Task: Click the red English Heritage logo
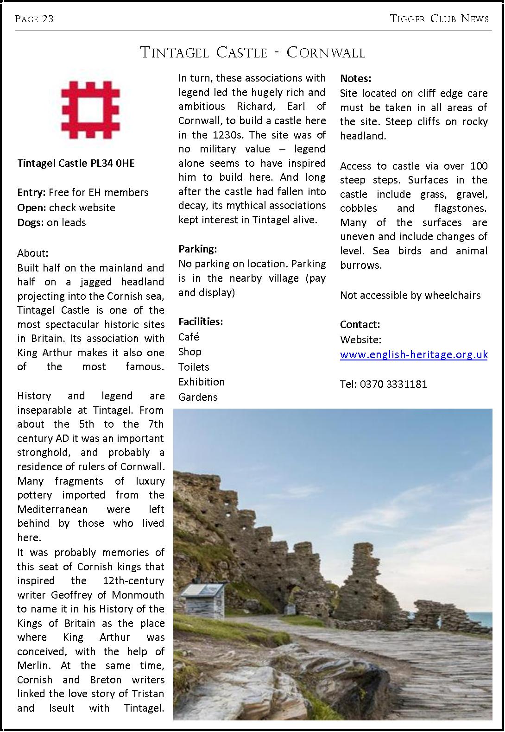pos(91,109)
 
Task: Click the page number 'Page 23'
pos(34,19)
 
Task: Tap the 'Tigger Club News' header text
pos(439,19)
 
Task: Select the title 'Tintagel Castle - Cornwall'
pos(252,52)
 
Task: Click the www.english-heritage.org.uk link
pos(414,354)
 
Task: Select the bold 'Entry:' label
pos(31,192)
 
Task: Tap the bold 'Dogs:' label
pos(31,222)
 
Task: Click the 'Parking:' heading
pos(198,249)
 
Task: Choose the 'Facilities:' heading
pos(201,322)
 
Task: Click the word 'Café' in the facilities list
pos(189,337)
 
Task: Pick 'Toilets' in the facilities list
pos(194,367)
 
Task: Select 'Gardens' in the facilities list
pos(198,397)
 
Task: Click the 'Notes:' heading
pos(356,78)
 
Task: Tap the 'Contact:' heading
pos(360,324)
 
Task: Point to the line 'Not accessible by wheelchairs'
pos(410,295)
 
